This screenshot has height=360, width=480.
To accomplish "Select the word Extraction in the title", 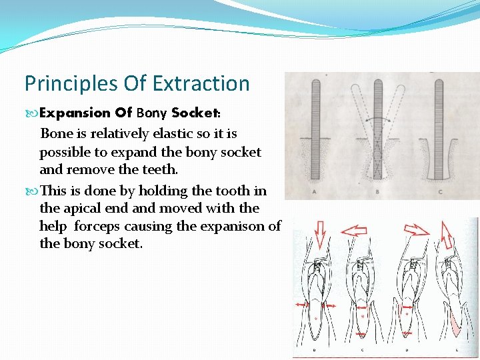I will pyautogui.click(x=201, y=84).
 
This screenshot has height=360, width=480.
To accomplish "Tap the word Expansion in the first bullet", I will pyautogui.click(x=73, y=113).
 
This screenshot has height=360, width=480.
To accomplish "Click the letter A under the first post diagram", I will pyautogui.click(x=314, y=193).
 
